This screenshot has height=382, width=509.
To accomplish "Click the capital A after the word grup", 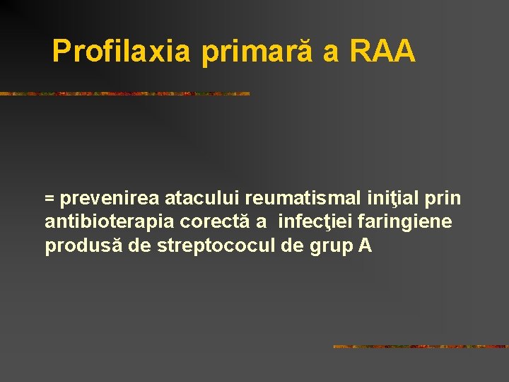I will point(365,246).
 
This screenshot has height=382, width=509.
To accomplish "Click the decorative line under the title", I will point(125,93).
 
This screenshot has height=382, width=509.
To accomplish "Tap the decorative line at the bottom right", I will point(420,347).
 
